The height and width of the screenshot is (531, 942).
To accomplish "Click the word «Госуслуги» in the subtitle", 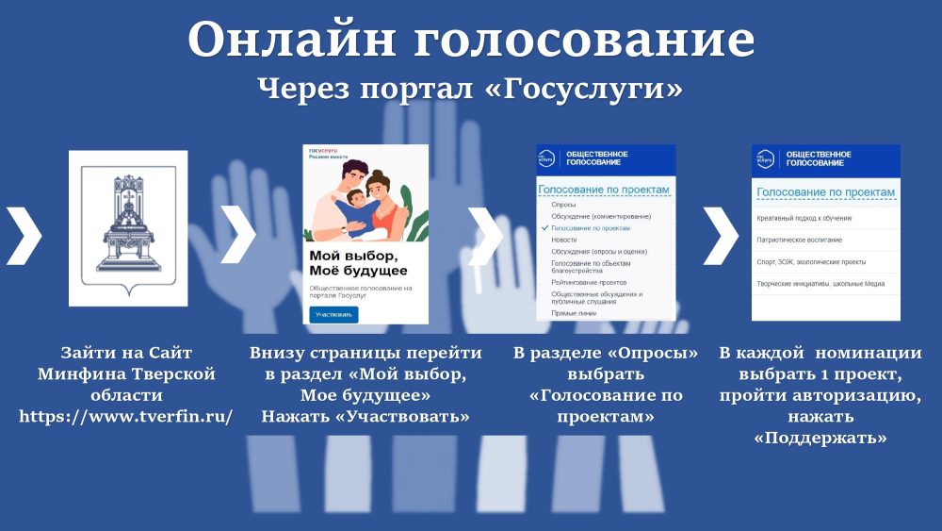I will click(589, 89).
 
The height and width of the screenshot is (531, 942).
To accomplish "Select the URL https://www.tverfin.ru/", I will click(126, 415).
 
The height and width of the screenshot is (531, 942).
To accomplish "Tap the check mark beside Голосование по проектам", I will click(544, 228).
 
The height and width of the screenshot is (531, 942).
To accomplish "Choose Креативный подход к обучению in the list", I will click(804, 218).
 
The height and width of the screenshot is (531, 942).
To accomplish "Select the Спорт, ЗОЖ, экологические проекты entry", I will click(811, 261).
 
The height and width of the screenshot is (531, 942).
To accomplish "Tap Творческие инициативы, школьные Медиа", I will click(820, 283).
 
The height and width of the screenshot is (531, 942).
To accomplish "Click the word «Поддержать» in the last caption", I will click(820, 438).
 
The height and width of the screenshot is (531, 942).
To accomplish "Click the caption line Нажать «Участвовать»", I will click(365, 415).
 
